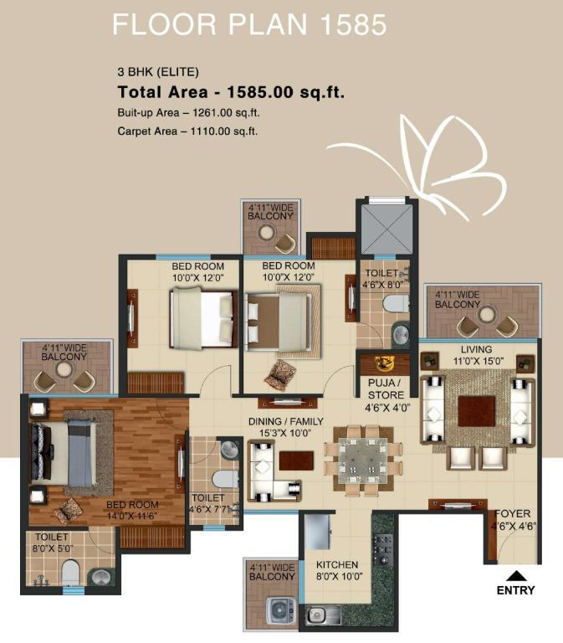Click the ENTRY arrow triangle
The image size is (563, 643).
[x=516, y=576]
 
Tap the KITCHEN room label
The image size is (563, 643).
[x=337, y=564]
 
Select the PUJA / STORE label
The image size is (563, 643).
[x=386, y=388]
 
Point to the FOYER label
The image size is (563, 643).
[x=512, y=513]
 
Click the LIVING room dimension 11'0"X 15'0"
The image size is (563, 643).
[x=479, y=362]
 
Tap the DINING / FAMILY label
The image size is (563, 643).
[x=286, y=421]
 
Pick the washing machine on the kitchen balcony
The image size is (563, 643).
[x=281, y=610]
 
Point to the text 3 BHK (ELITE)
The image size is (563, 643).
[x=158, y=72]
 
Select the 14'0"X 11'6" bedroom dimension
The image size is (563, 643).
[x=132, y=516]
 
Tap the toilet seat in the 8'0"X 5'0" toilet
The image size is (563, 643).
[x=70, y=571]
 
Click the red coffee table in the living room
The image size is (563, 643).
[x=476, y=411]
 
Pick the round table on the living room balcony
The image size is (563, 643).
[x=487, y=315]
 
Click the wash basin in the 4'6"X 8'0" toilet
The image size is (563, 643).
[x=401, y=334]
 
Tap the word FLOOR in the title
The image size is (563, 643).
[x=164, y=24]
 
